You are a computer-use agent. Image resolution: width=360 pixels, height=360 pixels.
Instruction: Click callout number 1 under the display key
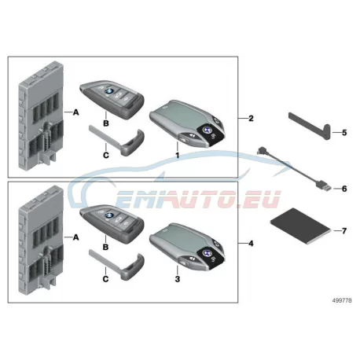point(178,156)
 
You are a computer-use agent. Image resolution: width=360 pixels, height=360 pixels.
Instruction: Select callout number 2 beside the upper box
point(251,119)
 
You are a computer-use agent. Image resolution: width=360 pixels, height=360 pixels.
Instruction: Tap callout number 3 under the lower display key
point(178,279)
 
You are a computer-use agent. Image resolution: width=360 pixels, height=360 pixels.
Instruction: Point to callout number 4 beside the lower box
point(251,244)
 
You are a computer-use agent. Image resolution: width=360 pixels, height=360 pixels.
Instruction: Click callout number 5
point(344,133)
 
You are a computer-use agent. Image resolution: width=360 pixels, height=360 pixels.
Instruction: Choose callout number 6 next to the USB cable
point(344,189)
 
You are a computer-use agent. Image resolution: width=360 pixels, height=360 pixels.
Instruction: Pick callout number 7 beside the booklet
point(344,231)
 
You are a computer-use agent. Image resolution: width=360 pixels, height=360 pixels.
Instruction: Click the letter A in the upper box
point(75,112)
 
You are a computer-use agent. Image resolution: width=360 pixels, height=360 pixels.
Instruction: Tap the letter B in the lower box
point(105,247)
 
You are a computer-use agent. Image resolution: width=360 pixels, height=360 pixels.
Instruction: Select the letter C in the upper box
point(106,156)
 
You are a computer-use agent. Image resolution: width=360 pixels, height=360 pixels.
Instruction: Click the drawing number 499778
point(342,300)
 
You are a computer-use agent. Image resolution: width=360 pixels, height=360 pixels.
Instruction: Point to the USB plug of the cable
point(324,187)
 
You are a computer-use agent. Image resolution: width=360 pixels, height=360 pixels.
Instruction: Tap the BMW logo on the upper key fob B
point(108,91)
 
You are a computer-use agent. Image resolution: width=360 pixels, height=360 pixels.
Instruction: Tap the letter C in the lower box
point(105,279)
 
